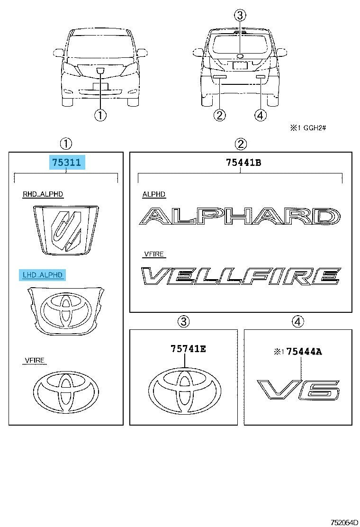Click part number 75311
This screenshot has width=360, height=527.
(x=66, y=163)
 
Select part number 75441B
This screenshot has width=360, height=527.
(x=243, y=163)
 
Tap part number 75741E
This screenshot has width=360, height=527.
(x=189, y=349)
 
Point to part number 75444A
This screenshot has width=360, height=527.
(x=304, y=352)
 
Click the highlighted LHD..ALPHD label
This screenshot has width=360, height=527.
(x=43, y=275)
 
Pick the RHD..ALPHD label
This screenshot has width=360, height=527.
(x=43, y=194)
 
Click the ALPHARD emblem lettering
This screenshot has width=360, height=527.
(x=240, y=216)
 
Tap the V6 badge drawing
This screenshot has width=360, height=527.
(x=298, y=390)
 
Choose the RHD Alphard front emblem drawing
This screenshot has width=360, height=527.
(x=66, y=228)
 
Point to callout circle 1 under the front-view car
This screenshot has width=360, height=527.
(x=100, y=115)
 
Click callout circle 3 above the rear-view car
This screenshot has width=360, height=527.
(x=240, y=15)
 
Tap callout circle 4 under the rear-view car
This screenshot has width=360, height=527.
(x=260, y=115)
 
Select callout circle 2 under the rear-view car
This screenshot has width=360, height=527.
(x=219, y=115)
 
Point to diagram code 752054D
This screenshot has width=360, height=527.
(x=344, y=522)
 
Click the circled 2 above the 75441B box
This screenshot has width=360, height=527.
(x=241, y=144)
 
